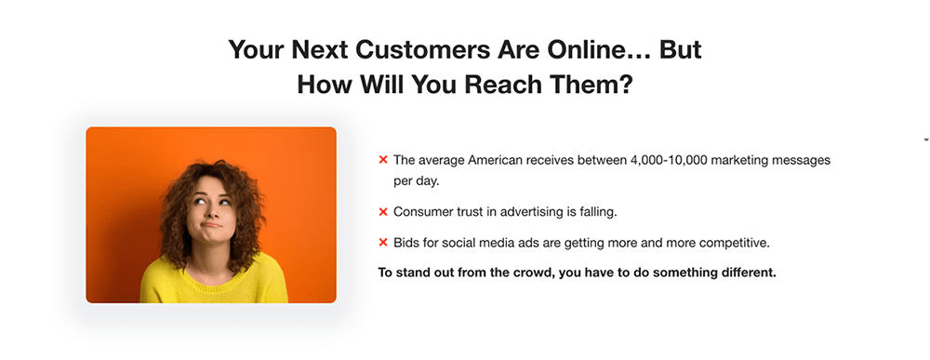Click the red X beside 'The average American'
[x=383, y=160]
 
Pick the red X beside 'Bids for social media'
[x=383, y=243]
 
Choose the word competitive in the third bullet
[x=735, y=243]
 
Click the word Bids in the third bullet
[x=408, y=243]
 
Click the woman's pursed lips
[x=212, y=225]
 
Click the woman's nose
[x=211, y=213]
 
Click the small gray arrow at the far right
[x=925, y=140]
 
